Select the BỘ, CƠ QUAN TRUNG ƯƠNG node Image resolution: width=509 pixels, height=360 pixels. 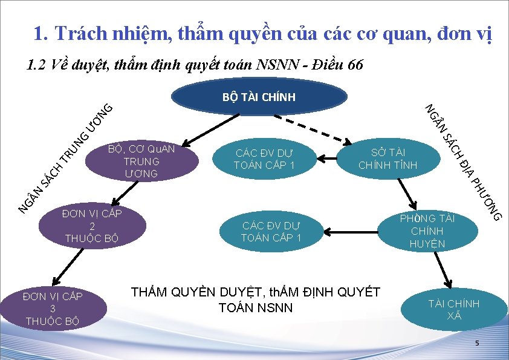pos(141,161)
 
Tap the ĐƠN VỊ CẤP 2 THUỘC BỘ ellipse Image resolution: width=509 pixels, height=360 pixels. pos(90,226)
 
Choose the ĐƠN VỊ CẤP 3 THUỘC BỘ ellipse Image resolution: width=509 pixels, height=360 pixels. pos(53,308)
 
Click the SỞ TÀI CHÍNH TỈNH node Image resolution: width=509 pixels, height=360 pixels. pos(388,158)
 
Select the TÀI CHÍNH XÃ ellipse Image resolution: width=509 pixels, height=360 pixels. pos(454,309)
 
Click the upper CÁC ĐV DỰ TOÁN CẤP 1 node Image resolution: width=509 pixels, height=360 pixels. pos(264,159)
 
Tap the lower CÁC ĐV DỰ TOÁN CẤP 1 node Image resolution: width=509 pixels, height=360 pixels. pos(271,231)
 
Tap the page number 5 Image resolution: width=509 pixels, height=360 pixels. pos(476,344)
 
